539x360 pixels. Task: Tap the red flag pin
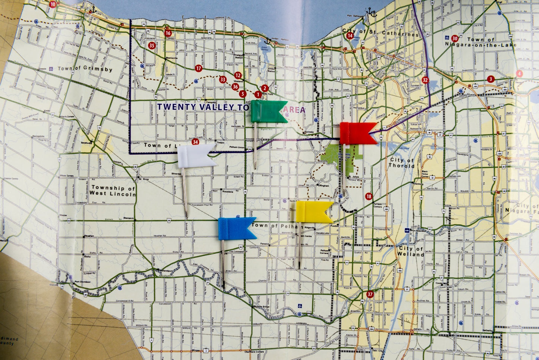pos(357,133)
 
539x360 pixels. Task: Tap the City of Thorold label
pos(401,163)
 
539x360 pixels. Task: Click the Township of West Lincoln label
pos(113,191)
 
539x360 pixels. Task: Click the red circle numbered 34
pos(195,142)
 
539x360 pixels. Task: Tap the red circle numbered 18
pos(369,196)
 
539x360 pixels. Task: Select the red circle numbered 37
pos(370,294)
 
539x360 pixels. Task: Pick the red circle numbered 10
pos(53,4)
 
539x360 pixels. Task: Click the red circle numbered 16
pos(168,33)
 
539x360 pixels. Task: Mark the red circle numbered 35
pos(151,46)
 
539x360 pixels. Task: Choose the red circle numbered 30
pos(455,38)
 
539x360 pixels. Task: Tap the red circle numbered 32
pos(425,80)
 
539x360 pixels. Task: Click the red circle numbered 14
pos(350,36)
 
